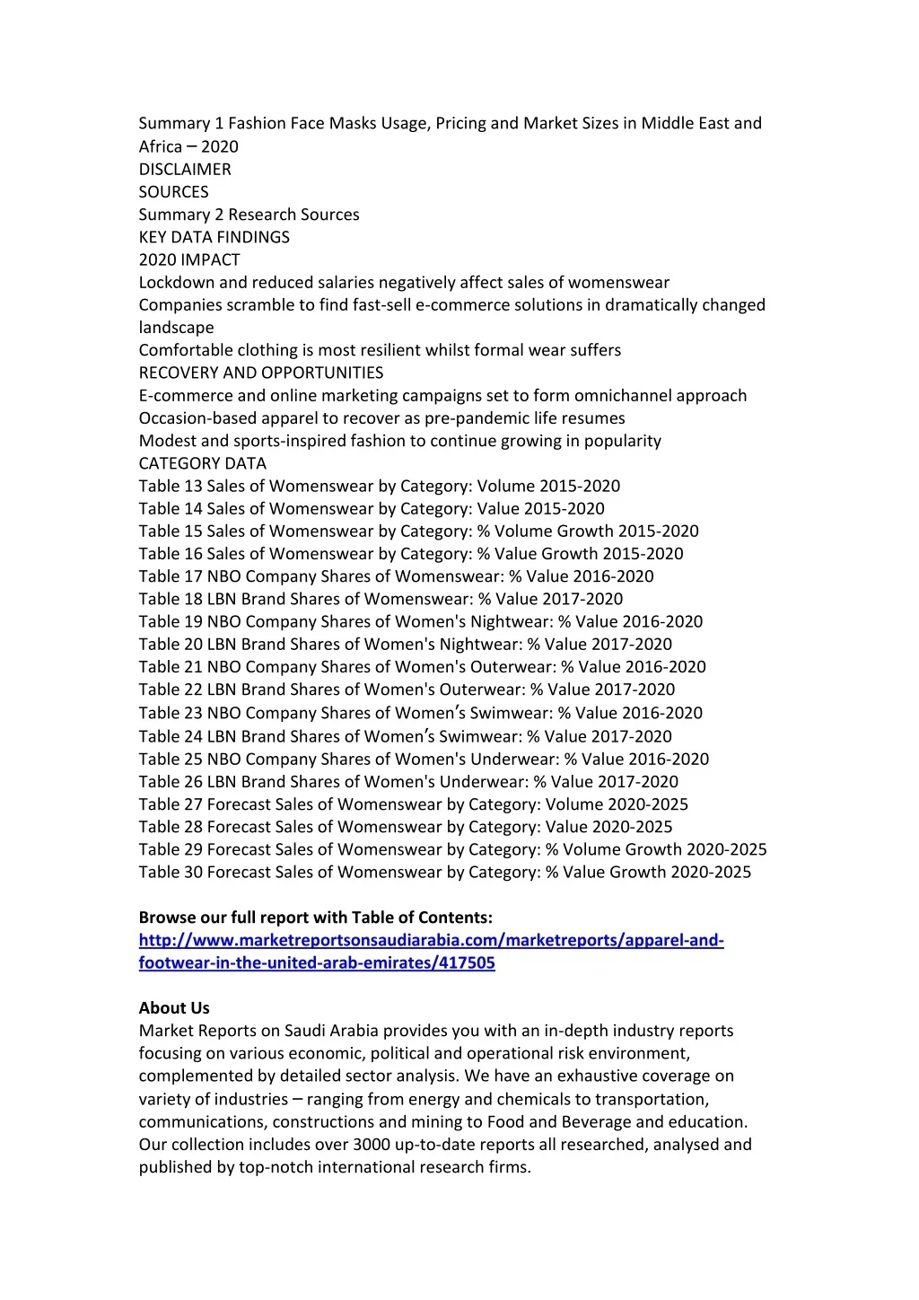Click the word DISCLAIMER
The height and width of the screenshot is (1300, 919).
(185, 169)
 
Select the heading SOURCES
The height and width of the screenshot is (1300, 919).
(173, 191)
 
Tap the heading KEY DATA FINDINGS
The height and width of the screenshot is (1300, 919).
(214, 237)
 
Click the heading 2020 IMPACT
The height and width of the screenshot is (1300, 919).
(189, 259)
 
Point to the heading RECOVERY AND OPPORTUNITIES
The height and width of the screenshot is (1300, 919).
(260, 373)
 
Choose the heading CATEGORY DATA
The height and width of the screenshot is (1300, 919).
(202, 463)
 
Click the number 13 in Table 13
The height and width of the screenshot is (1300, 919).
(193, 486)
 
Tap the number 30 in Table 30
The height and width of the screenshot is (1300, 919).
(193, 872)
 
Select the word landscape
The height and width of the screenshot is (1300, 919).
(176, 328)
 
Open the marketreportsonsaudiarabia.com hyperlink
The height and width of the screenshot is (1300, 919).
(431, 940)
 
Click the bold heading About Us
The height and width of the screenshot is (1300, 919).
(174, 1007)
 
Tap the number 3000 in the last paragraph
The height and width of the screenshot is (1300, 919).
(372, 1144)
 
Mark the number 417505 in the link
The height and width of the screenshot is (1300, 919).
(467, 962)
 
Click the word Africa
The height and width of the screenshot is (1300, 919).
(161, 146)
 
